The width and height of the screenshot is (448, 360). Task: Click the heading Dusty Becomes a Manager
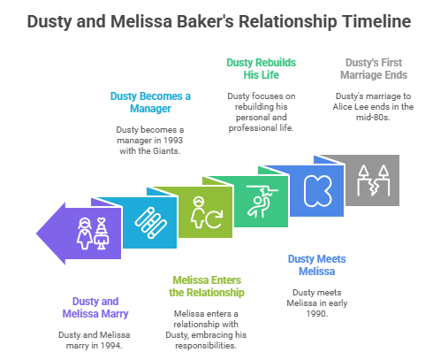[x=150, y=103]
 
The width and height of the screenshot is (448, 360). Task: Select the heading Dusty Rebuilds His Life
[x=261, y=69]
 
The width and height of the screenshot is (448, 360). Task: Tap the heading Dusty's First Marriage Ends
[x=374, y=69]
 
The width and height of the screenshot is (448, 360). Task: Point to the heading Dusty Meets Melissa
[x=316, y=265]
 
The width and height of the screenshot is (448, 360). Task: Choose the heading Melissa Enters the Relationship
[x=207, y=287]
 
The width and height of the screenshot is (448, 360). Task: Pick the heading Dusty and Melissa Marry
[x=95, y=308]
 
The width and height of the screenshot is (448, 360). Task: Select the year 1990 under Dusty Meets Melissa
[x=316, y=313]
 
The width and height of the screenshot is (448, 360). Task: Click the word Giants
[x=165, y=150]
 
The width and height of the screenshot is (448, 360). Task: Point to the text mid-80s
[x=373, y=117]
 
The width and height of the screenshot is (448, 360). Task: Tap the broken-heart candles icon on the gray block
[x=373, y=180]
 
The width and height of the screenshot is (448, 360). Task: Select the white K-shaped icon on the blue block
[x=317, y=191]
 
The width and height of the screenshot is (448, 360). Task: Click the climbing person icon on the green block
[x=262, y=202]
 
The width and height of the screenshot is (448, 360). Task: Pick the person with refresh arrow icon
[x=206, y=212]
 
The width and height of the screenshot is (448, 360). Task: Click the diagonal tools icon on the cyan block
[x=150, y=223]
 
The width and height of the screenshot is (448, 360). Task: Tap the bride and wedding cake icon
[x=93, y=234]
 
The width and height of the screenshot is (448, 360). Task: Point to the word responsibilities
[x=206, y=345]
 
